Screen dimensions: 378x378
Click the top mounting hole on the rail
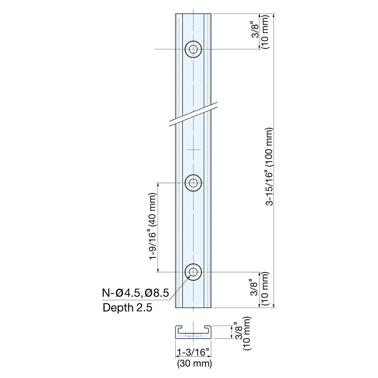coord(193,49)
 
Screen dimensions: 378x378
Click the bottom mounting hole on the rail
coord(193,271)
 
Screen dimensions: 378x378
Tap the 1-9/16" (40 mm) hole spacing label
coord(153,227)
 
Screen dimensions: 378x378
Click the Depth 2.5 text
coord(127,308)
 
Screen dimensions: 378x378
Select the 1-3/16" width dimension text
coord(193,352)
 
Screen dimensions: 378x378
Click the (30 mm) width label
coord(194,364)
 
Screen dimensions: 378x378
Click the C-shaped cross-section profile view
coord(193,332)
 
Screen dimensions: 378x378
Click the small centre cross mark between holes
coord(193,150)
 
